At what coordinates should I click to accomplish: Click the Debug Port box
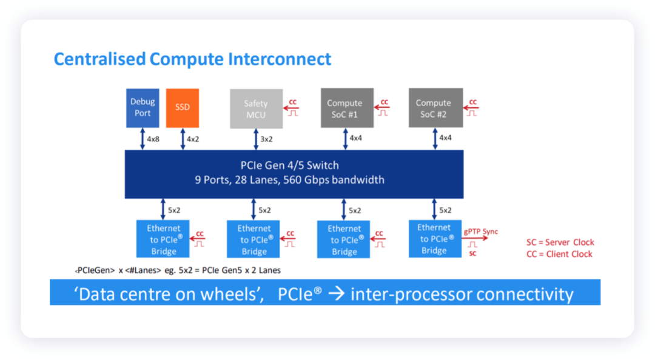point(143,108)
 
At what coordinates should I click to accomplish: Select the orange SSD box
point(183,108)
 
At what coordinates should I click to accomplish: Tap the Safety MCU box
point(256,108)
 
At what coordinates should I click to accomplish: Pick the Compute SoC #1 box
point(347,108)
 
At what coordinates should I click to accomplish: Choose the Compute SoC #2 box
point(435,108)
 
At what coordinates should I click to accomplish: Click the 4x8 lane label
point(153,139)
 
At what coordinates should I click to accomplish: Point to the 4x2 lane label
point(193,139)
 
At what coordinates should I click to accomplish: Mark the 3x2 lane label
point(266,139)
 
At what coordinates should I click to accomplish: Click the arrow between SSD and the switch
point(183,139)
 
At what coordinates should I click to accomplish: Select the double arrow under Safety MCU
point(256,139)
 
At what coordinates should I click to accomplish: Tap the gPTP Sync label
point(481,232)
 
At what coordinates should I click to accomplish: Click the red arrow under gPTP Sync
point(475,238)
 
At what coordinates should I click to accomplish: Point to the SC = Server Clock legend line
point(560,242)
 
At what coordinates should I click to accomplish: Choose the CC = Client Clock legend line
point(559,254)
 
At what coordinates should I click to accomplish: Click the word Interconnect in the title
point(280,59)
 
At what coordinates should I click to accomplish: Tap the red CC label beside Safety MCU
point(293,102)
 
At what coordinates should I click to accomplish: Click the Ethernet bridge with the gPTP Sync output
point(435,239)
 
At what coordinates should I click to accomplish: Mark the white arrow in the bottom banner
point(336,293)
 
